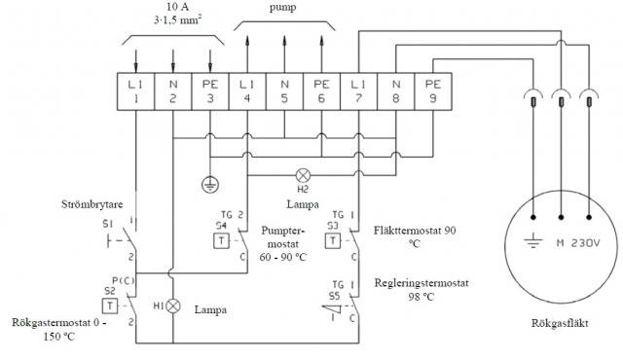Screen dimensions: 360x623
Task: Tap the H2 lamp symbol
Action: [303, 176]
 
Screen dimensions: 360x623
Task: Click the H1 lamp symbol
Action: [173, 305]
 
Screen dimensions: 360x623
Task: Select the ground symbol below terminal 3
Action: [208, 182]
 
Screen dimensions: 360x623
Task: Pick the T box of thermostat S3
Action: [334, 240]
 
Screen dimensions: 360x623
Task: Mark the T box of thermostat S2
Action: [112, 305]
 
